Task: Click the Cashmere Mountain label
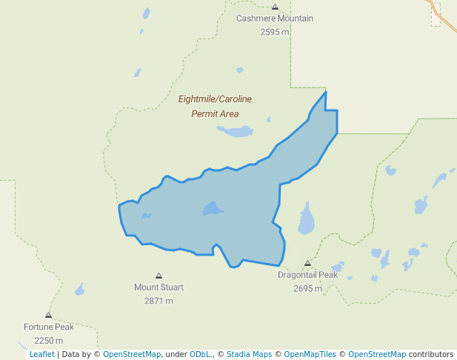(275, 19)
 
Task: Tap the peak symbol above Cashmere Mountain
(275, 7)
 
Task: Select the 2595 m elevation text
(275, 32)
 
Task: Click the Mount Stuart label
(159, 287)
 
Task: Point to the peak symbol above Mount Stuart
(159, 276)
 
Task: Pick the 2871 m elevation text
(159, 301)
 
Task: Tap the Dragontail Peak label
(307, 275)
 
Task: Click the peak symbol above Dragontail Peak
(307, 263)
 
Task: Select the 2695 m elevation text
(307, 288)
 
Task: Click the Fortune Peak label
(49, 327)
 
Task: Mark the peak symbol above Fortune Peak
(49, 315)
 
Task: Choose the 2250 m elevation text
(49, 341)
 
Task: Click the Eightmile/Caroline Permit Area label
(215, 106)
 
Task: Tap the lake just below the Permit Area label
(236, 132)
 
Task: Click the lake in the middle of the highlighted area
(213, 209)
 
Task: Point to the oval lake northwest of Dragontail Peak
(306, 221)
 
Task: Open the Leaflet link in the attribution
(41, 354)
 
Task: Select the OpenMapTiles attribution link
(310, 354)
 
